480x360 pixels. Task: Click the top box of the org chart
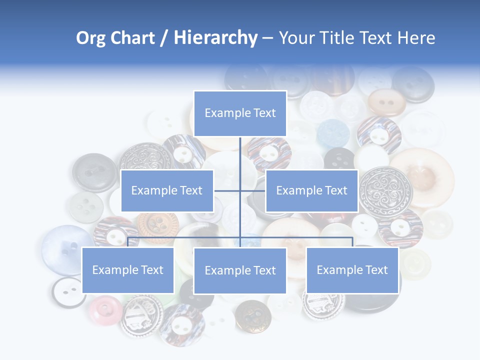(x=240, y=113)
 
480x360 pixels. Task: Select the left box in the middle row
(x=167, y=190)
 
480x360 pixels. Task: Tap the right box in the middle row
(x=311, y=190)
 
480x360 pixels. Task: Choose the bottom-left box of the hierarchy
(x=127, y=270)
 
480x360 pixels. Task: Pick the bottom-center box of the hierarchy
(x=240, y=270)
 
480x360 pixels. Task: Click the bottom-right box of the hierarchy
(x=352, y=270)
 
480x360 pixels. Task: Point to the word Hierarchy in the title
(x=215, y=38)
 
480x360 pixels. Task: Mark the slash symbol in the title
(x=163, y=38)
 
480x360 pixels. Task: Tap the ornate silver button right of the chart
(x=386, y=190)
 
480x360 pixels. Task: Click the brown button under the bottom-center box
(x=253, y=315)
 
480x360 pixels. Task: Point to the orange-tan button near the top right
(x=386, y=102)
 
